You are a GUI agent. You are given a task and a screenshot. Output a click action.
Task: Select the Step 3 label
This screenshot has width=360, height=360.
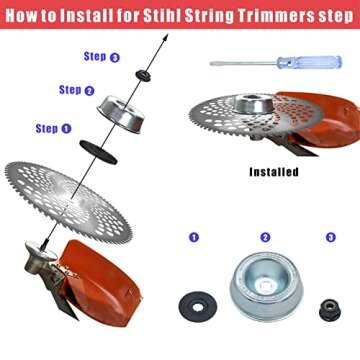(x=102, y=57)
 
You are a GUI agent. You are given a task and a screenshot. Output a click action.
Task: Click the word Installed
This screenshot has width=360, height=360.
(x=273, y=171)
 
